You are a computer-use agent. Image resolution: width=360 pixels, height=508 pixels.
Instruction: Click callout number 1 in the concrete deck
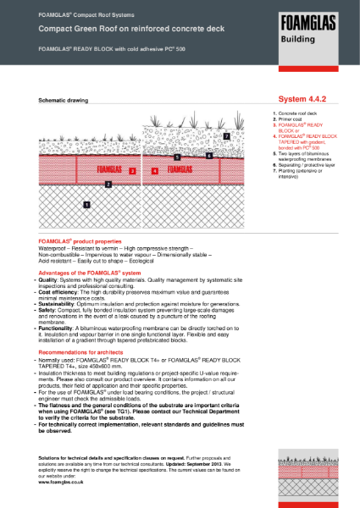[x=86, y=204]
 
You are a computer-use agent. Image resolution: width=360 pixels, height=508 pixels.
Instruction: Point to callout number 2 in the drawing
[x=108, y=183]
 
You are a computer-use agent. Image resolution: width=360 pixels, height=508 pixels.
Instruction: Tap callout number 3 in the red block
[x=133, y=170]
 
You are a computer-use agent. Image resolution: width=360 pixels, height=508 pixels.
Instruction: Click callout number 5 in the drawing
[x=176, y=157]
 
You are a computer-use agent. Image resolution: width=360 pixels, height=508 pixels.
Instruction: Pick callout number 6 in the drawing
[x=209, y=156]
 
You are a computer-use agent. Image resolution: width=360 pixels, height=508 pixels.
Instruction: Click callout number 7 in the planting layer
[x=226, y=135]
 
